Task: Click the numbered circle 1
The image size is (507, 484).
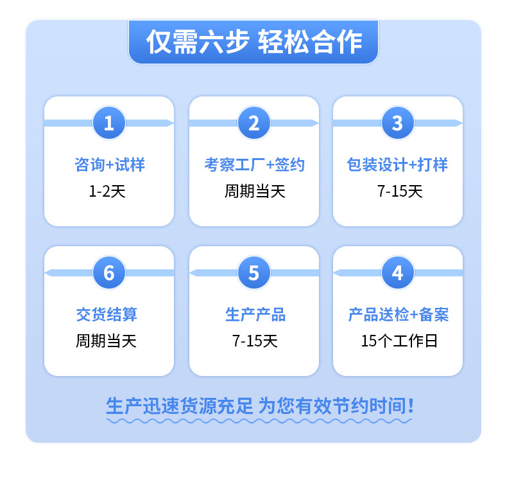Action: click(x=109, y=122)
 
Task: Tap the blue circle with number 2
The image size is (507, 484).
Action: click(x=254, y=122)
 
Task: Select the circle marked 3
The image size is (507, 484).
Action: click(x=398, y=122)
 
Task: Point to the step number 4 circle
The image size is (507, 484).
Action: click(x=398, y=273)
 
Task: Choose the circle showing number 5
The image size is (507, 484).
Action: click(x=254, y=273)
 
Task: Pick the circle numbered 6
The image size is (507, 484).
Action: click(x=109, y=273)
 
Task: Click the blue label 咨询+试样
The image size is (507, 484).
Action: click(x=109, y=165)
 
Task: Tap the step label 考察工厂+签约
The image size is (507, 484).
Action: click(x=254, y=165)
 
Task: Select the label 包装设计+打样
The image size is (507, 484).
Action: click(x=398, y=165)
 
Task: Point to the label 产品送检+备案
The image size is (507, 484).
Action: click(x=398, y=315)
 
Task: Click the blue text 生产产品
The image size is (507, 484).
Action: click(x=254, y=315)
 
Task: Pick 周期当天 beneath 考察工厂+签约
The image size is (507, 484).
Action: click(x=254, y=192)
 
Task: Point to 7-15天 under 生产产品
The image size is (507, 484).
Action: click(x=254, y=341)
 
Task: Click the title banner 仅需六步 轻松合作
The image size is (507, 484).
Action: click(x=253, y=42)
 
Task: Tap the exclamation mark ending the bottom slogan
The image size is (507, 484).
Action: click(x=411, y=406)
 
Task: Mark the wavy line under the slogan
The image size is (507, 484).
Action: click(x=259, y=421)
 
